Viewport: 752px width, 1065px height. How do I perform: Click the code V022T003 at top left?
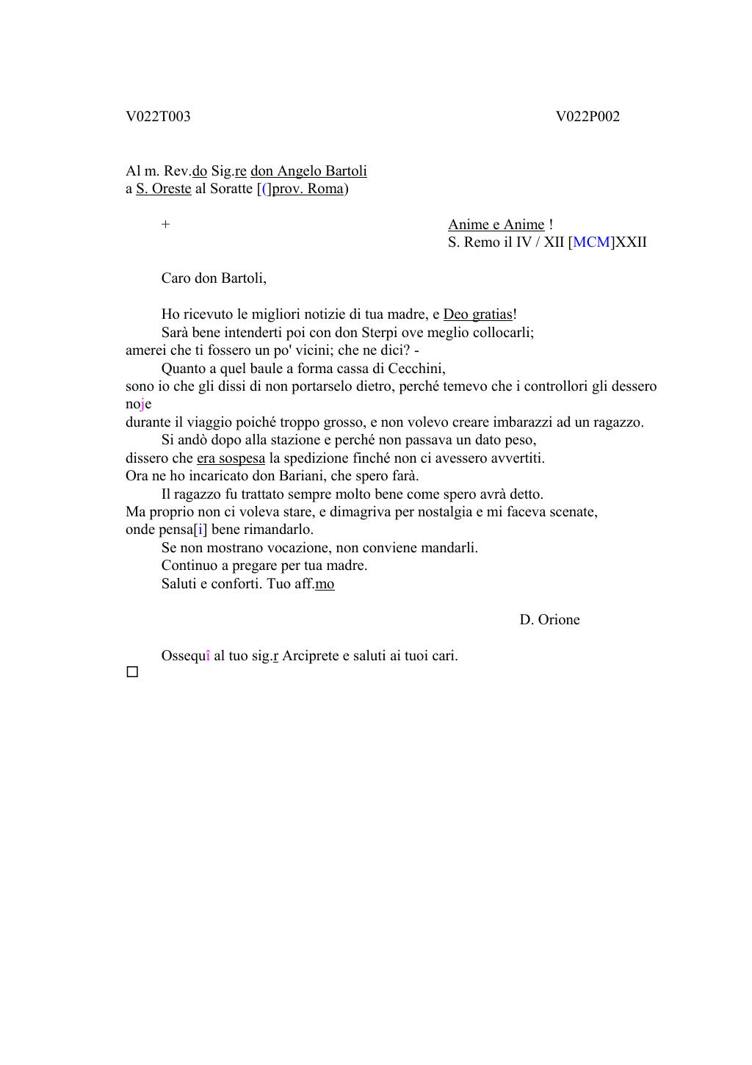(x=158, y=117)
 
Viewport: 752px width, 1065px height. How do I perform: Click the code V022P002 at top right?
(x=587, y=117)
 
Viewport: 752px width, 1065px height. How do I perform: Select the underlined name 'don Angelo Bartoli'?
(x=308, y=171)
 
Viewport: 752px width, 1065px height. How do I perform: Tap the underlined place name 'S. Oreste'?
(x=163, y=189)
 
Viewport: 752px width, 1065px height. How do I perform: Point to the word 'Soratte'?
(x=229, y=189)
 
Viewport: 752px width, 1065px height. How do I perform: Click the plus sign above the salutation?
(x=165, y=225)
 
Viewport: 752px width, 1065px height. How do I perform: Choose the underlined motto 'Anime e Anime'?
(x=496, y=225)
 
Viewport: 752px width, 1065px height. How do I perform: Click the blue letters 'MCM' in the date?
(x=591, y=242)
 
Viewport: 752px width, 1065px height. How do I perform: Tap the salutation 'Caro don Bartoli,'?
(x=214, y=278)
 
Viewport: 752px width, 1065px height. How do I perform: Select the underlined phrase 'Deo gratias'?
(x=477, y=314)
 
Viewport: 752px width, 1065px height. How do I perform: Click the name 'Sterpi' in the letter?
(x=380, y=332)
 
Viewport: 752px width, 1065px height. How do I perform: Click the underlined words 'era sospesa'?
(x=231, y=458)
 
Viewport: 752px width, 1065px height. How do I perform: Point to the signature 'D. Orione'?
(x=549, y=620)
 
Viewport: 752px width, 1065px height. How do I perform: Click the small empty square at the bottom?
(x=132, y=672)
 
